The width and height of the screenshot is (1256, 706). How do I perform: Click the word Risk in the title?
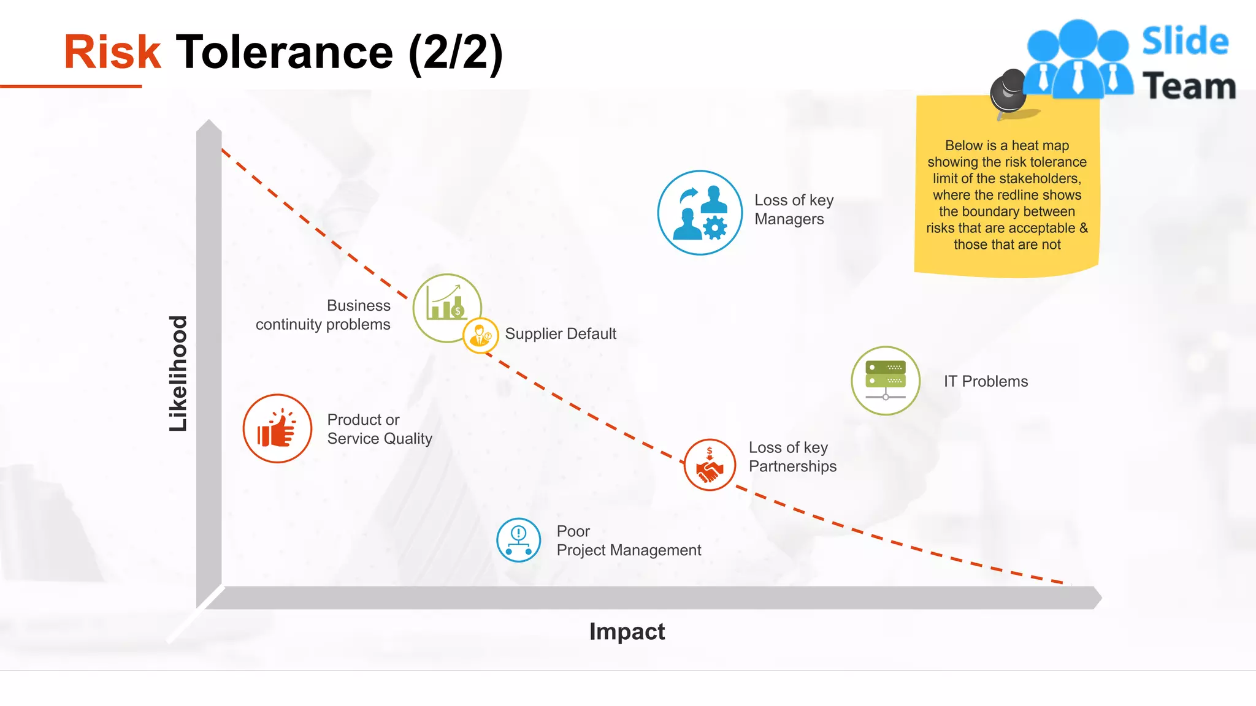click(x=112, y=52)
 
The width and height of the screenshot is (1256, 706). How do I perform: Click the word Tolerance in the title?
click(x=285, y=52)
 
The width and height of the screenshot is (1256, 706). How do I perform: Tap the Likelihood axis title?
click(x=178, y=373)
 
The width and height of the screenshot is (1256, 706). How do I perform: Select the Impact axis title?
click(x=627, y=631)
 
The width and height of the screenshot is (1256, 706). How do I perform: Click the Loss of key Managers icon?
click(x=700, y=213)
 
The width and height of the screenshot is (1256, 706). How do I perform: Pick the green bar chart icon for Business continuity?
click(x=446, y=305)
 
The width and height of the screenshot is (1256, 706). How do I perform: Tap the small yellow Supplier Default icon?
click(x=480, y=335)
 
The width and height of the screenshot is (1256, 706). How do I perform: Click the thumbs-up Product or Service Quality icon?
click(x=277, y=428)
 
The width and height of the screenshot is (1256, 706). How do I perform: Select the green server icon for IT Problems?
click(x=886, y=381)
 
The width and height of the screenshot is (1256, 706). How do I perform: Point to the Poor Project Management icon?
click(x=518, y=540)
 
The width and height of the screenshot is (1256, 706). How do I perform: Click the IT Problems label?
click(x=986, y=381)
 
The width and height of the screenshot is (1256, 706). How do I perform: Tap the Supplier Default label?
click(x=561, y=334)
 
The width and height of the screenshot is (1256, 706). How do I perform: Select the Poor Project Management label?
click(x=628, y=541)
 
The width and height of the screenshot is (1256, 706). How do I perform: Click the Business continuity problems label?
click(x=323, y=315)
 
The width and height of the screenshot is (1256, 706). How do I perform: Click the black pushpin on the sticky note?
click(x=1008, y=92)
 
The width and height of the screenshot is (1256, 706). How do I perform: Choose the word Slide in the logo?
click(x=1185, y=42)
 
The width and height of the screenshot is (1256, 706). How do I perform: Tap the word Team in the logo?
click(x=1189, y=86)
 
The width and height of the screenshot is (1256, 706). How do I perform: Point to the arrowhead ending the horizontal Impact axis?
click(x=1097, y=598)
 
